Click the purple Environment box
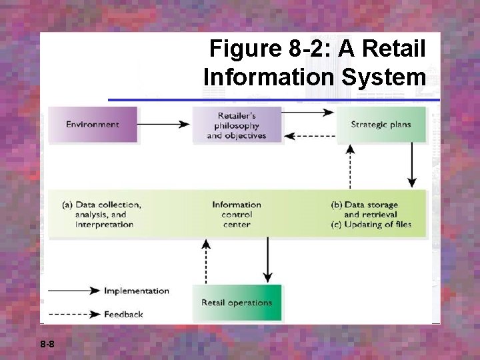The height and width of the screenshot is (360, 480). point(93,125)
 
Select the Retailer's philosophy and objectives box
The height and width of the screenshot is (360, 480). point(236,125)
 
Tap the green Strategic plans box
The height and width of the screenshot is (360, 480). point(381,125)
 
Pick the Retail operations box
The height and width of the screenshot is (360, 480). point(237,303)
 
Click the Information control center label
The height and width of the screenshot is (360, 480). point(237,215)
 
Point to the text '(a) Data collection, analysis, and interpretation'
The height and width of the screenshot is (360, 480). point(101,215)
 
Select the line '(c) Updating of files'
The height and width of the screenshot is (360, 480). point(371,225)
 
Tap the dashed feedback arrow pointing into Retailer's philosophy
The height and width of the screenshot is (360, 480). point(309,136)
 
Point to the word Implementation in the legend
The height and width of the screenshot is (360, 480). point(137,291)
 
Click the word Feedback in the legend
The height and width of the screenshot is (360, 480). point(123,314)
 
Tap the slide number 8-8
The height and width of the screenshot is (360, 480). point(47,345)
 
